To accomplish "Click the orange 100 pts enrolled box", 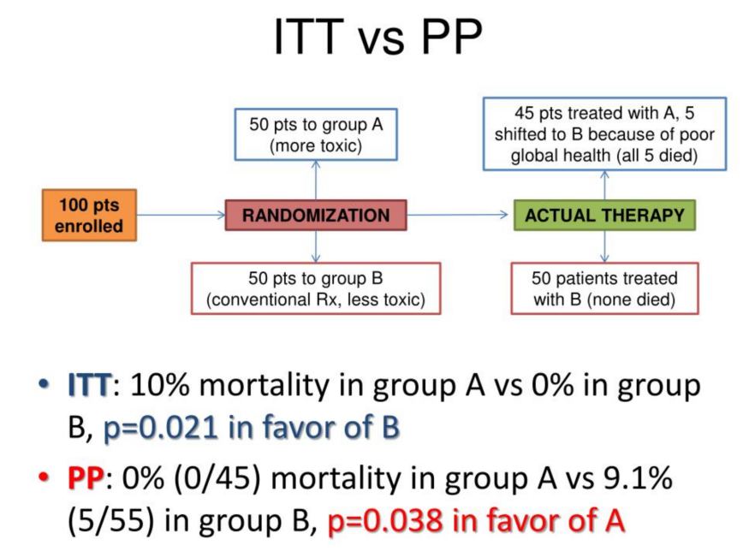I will [90, 215].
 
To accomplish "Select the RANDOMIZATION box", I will [316, 215].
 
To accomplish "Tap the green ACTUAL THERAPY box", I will [604, 215].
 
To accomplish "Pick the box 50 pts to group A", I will [316, 134].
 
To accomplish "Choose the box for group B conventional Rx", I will [316, 288].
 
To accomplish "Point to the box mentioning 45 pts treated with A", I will [604, 134].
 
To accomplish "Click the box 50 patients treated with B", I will [604, 288].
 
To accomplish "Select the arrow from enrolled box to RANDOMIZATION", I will [181, 215].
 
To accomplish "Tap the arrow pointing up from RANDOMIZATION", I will [316, 180].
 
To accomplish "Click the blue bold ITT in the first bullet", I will [89, 387].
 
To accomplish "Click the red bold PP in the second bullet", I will [86, 478].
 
